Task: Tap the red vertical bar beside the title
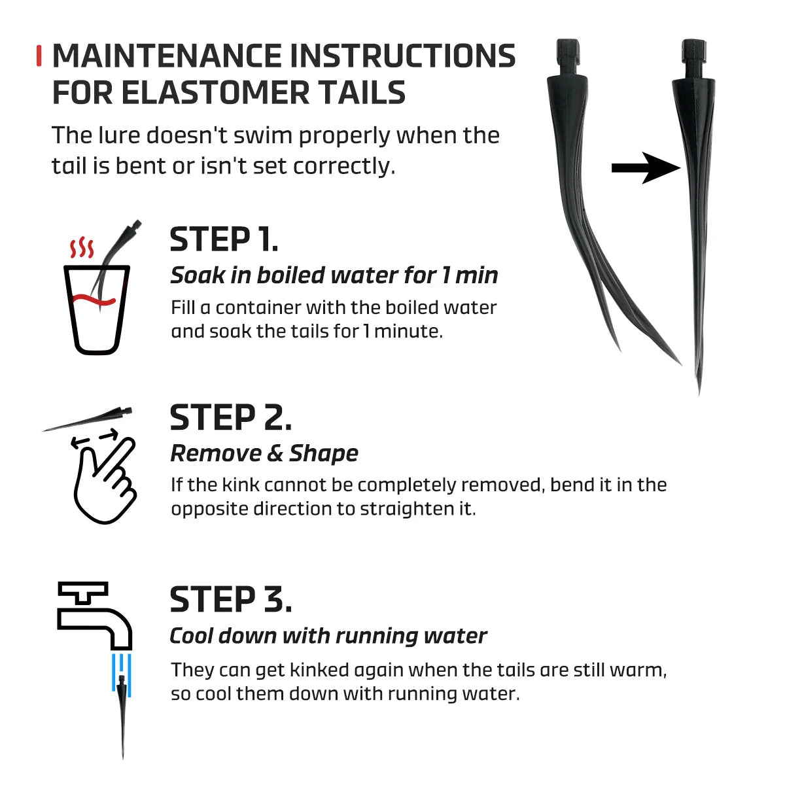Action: pyautogui.click(x=39, y=56)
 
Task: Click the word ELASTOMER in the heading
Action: pyautogui.click(x=215, y=92)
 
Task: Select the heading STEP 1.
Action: pyautogui.click(x=224, y=239)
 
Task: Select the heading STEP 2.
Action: pyautogui.click(x=230, y=417)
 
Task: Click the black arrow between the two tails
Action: pyautogui.click(x=646, y=168)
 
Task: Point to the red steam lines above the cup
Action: pyautogui.click(x=82, y=247)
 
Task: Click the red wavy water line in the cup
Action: pyautogui.click(x=94, y=300)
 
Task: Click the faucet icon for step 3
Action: pyautogui.click(x=94, y=616)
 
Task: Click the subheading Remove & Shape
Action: pyautogui.click(x=264, y=453)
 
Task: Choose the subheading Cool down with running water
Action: pyautogui.click(x=328, y=635)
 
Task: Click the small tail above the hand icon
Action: pyautogui.click(x=88, y=419)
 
